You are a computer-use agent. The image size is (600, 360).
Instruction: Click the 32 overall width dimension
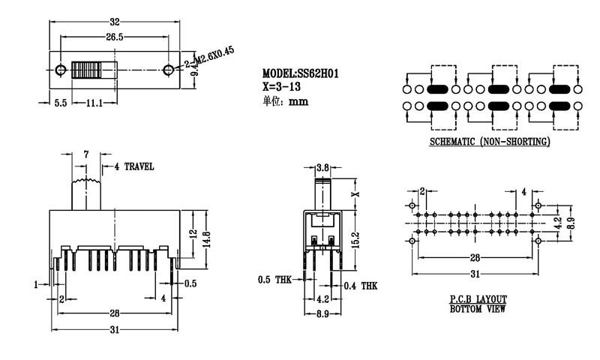click(x=114, y=13)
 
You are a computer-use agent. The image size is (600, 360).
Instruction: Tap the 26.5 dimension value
click(x=114, y=36)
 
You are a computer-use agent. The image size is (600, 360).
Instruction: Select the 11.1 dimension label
click(x=93, y=103)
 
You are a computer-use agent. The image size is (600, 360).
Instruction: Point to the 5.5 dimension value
click(x=61, y=103)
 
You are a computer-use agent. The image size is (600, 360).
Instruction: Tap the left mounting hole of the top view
click(x=60, y=70)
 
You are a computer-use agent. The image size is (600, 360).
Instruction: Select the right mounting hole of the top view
click(x=168, y=70)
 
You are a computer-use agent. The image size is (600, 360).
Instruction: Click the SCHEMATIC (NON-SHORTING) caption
click(x=490, y=142)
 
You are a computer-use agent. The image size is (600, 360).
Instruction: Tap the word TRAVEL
click(x=139, y=166)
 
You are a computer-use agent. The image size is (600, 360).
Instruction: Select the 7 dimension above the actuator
click(x=87, y=154)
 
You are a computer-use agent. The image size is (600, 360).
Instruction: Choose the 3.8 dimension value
click(x=324, y=166)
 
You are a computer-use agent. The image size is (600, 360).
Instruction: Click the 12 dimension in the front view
click(x=193, y=232)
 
